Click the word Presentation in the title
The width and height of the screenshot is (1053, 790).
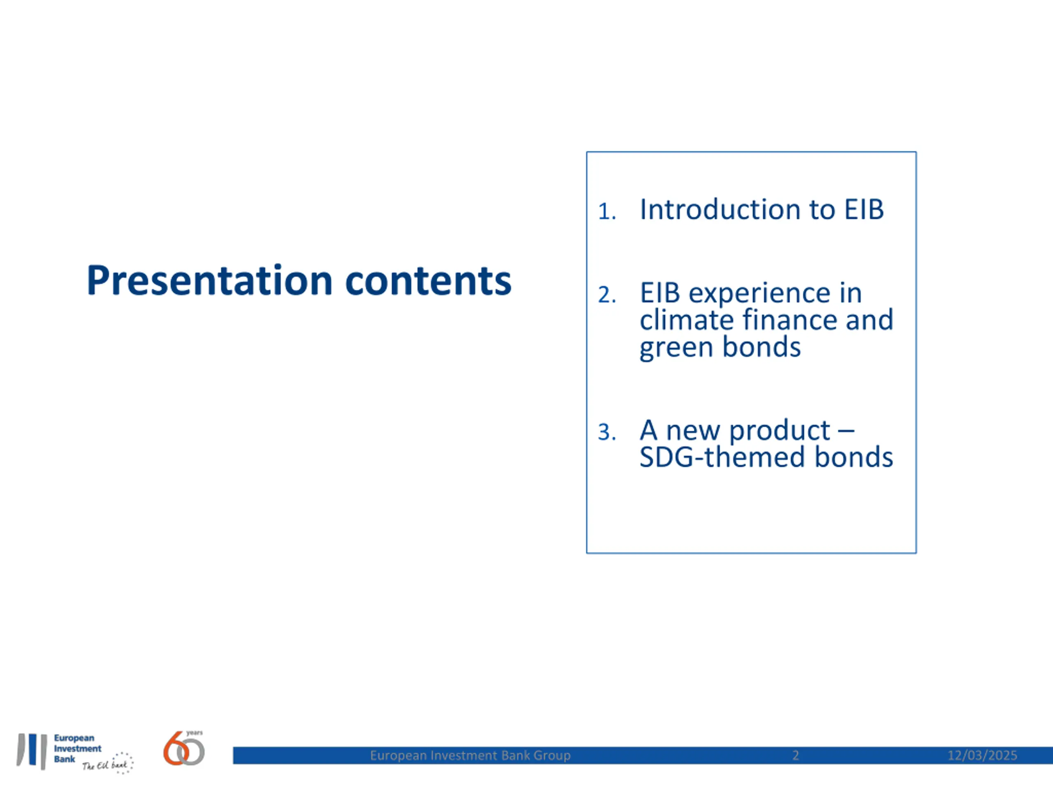tap(209, 281)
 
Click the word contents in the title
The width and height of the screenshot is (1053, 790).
tap(428, 281)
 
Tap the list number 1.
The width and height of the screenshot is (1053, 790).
tap(607, 211)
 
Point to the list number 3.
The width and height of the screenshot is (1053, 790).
tap(607, 432)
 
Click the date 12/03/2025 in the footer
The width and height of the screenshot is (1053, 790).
tap(982, 755)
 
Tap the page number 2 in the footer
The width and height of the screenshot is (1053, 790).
tap(796, 755)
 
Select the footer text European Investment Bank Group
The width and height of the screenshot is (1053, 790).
tap(470, 755)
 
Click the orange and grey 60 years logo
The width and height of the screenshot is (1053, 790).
tap(184, 748)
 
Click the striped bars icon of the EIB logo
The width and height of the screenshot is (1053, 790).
tap(32, 751)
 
